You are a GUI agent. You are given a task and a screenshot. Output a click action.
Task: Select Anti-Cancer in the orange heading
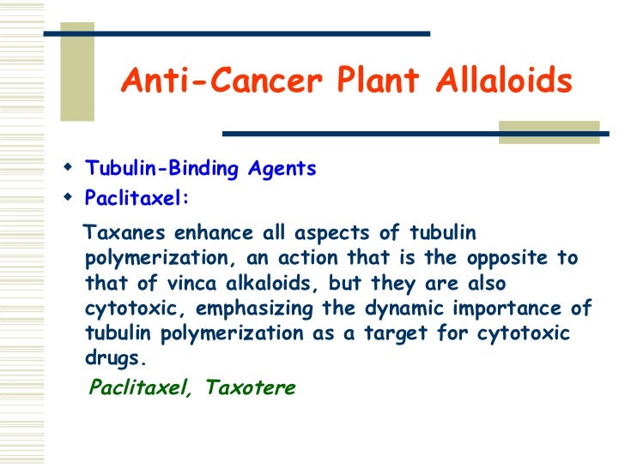(219, 81)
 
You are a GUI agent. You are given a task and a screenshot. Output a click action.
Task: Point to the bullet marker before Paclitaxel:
(70, 197)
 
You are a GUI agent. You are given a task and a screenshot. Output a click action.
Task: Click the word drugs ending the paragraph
(111, 357)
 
